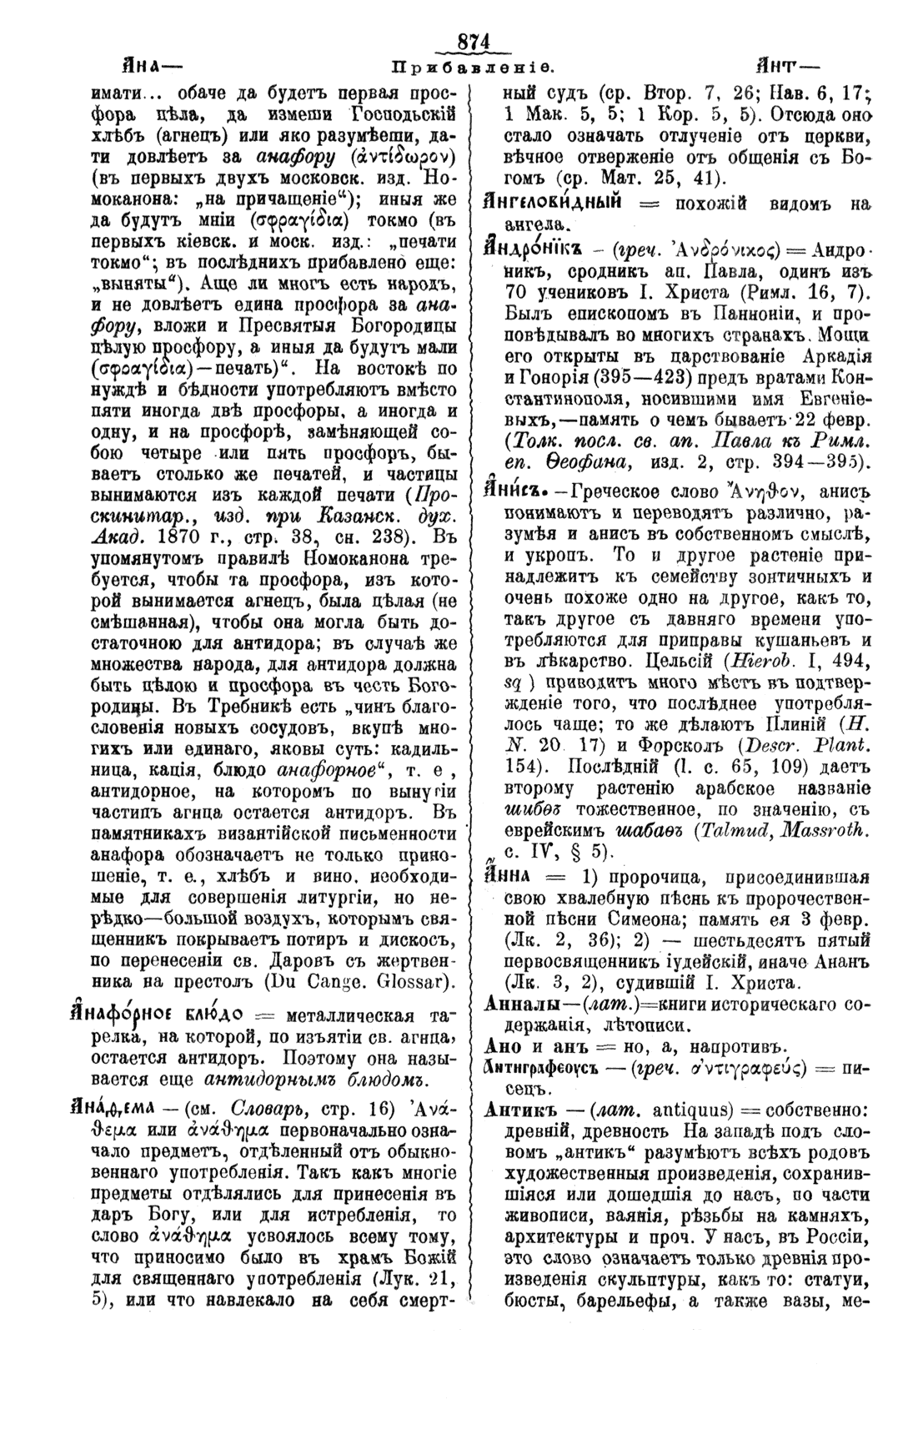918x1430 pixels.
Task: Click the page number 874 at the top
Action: click(472, 43)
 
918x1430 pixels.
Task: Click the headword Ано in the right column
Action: click(503, 1046)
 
